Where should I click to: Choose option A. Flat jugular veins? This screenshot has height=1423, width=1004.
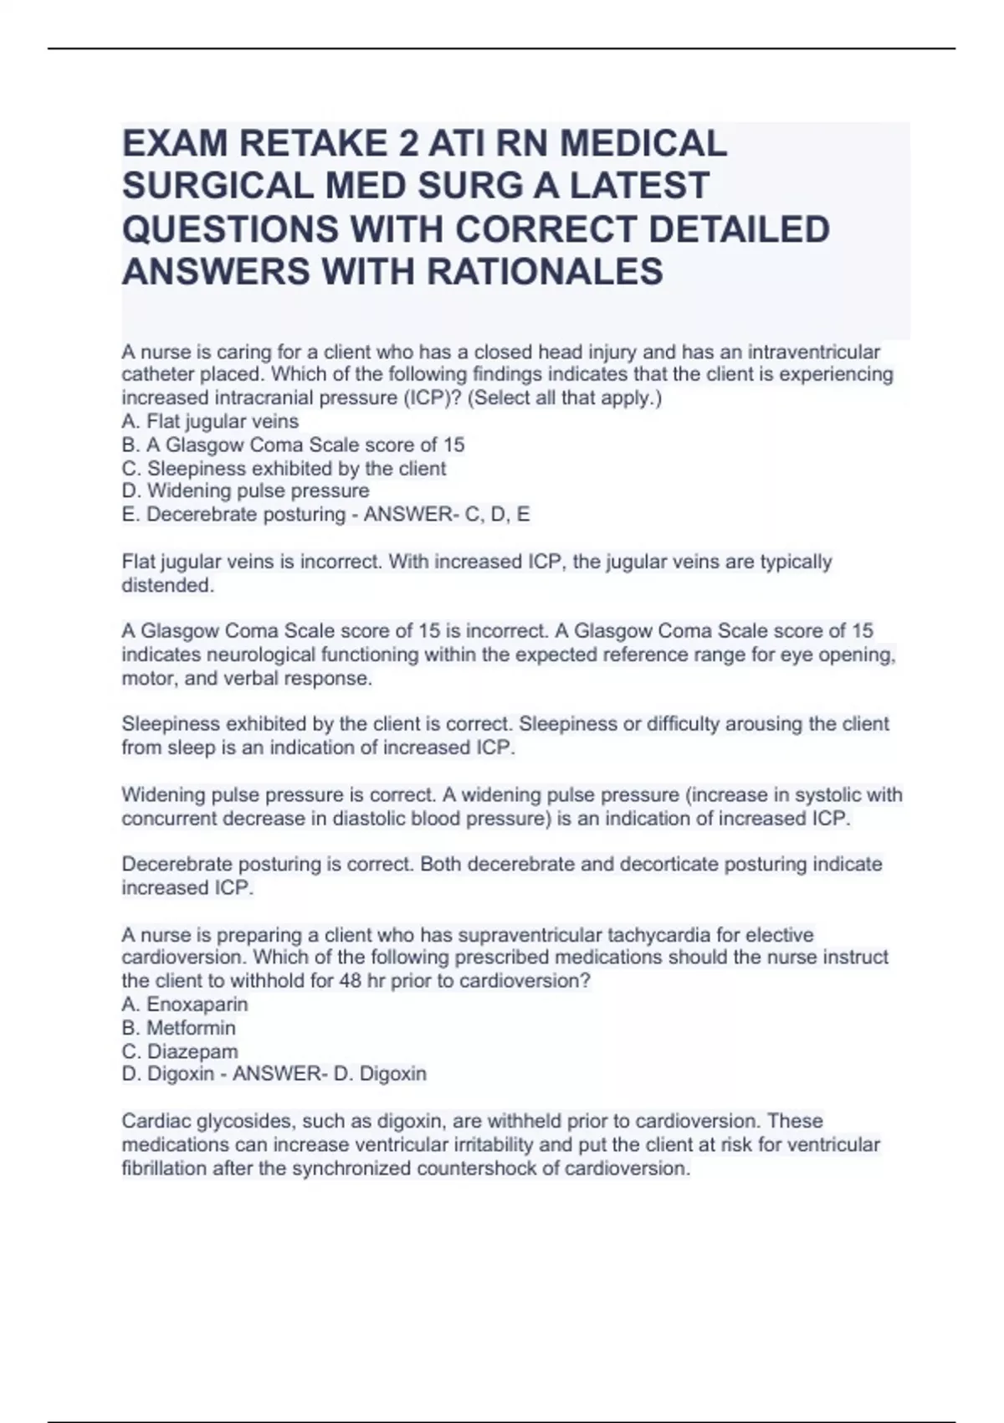(x=210, y=421)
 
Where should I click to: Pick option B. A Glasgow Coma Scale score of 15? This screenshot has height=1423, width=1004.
(x=293, y=444)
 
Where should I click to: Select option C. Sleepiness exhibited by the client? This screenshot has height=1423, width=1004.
(x=284, y=468)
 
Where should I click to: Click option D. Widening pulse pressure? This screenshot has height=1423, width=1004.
(x=245, y=491)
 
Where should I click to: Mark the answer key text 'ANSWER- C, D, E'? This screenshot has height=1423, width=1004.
(x=446, y=514)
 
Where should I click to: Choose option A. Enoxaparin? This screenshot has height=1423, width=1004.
(x=185, y=1004)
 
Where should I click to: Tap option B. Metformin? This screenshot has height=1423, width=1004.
(x=178, y=1027)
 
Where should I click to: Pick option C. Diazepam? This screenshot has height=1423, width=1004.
(x=180, y=1051)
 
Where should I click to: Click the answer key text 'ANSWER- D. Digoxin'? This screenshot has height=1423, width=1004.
(x=329, y=1073)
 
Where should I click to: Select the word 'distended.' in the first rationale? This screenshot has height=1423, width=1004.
(x=167, y=585)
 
